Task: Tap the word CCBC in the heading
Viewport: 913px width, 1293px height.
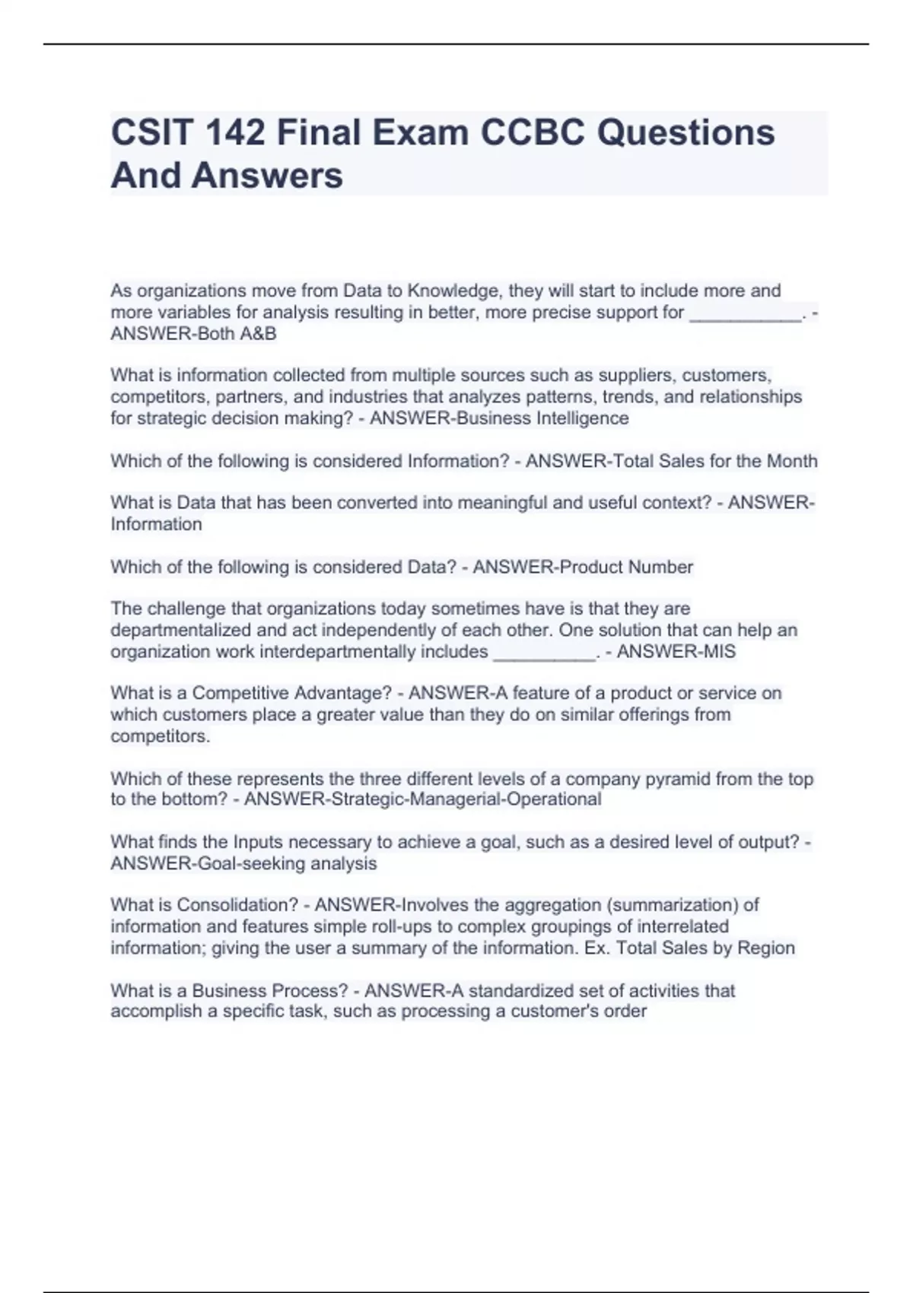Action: [x=532, y=133]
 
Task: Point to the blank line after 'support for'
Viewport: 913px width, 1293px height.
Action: [x=745, y=313]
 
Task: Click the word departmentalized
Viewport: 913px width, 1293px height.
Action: [x=181, y=631]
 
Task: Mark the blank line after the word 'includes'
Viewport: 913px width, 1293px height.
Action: [x=544, y=653]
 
